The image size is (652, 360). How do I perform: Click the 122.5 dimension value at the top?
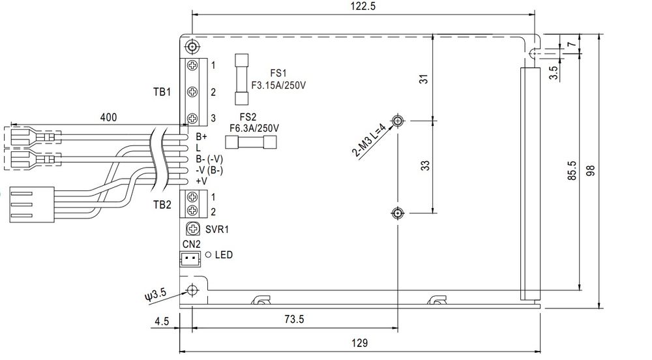coord(363,7)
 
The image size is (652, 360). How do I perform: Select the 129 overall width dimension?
coord(360,343)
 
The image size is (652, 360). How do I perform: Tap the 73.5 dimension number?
coord(295,320)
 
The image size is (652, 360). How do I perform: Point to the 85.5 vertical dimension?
coord(572,170)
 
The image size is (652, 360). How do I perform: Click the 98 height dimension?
coord(591,170)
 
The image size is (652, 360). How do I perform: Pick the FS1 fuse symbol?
coord(242,79)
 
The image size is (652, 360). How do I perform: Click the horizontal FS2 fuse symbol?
coord(251,143)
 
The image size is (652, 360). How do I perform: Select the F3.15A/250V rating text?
coord(278,85)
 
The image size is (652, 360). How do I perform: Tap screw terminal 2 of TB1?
coord(192,91)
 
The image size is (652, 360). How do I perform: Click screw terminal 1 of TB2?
coord(192,196)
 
